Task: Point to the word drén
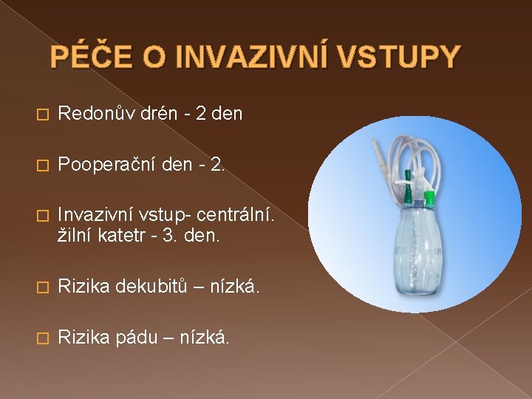point(152,114)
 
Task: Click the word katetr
point(125,236)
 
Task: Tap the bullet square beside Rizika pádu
point(41,338)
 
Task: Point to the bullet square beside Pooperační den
point(41,163)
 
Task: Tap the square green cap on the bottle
point(431,197)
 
